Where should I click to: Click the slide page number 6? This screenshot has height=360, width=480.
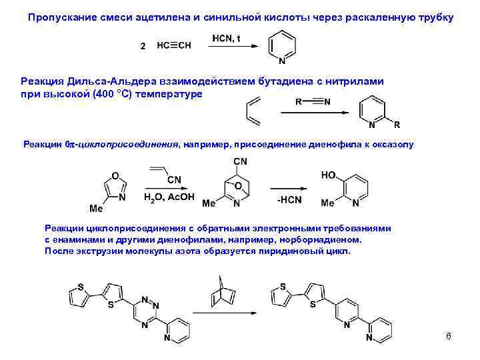coord(449,335)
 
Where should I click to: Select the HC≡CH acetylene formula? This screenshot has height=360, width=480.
coord(173,46)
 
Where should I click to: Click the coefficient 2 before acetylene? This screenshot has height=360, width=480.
coord(143,46)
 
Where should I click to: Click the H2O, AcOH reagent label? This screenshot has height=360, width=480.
coord(169,197)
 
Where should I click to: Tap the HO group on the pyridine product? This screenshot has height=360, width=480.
coord(329,174)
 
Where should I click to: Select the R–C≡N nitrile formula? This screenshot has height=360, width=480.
coord(311,102)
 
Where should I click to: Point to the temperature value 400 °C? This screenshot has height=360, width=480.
coord(129,94)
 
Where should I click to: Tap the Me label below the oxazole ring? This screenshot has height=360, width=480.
coord(96,209)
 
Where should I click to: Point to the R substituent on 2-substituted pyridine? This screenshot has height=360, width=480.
coord(397,125)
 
